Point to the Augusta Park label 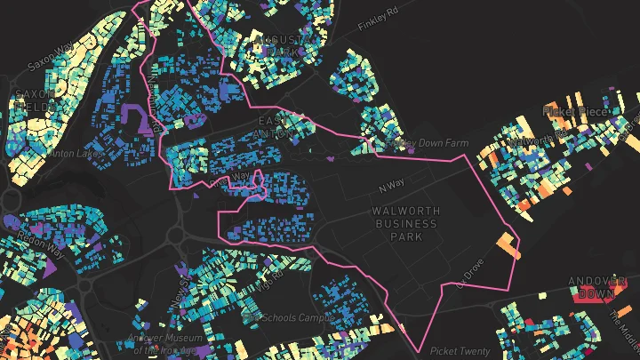(279, 46)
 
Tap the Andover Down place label (597, 287)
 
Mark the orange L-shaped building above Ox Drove (507, 244)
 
